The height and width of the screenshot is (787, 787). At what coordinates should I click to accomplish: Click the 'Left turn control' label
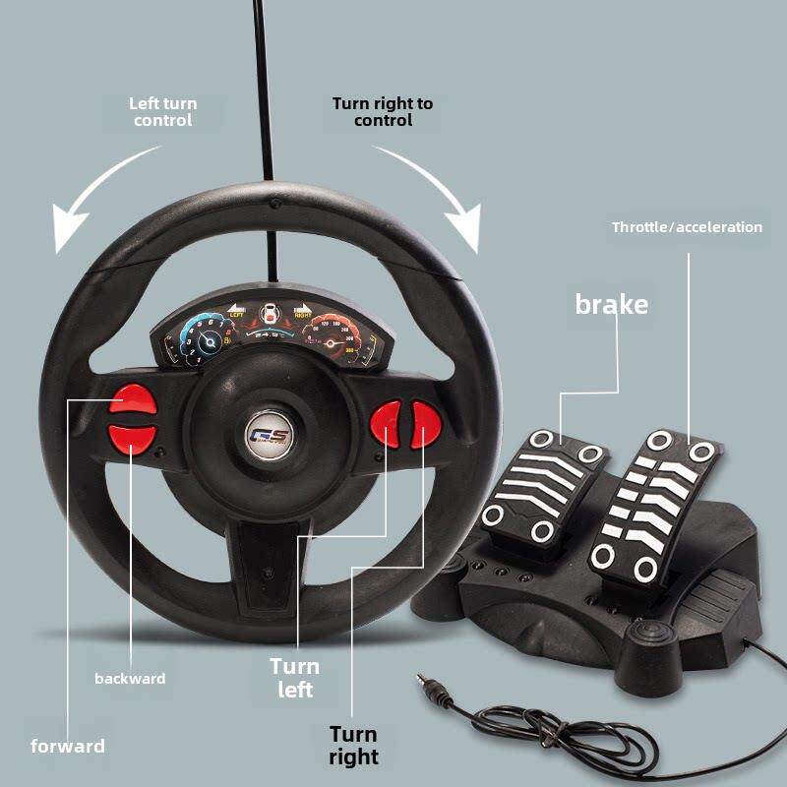point(163,111)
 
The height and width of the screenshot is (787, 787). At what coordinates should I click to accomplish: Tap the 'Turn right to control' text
point(382,111)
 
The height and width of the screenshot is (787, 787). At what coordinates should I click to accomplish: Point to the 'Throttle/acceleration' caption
point(687,227)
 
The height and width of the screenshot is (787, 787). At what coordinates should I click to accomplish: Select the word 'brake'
point(611,304)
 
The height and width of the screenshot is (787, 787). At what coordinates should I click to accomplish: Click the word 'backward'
point(130,679)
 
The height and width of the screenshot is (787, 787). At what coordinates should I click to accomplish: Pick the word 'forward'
point(68,746)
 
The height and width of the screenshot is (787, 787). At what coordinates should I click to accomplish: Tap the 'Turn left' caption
point(295,678)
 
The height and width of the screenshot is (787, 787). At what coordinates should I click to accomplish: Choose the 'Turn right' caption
point(354,745)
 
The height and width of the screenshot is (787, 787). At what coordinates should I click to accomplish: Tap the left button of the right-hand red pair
point(387,425)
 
